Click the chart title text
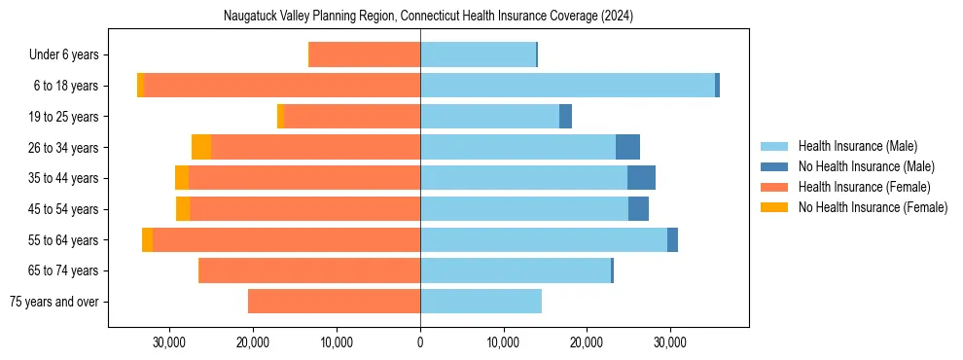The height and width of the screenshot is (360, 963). coord(428,16)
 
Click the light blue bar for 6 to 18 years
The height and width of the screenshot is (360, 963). coord(567,86)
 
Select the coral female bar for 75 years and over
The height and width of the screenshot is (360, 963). coord(334,302)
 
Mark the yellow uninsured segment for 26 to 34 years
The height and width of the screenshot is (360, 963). coord(201,147)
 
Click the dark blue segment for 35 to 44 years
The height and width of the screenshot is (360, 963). coord(641,178)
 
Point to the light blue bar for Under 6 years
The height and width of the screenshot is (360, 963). coord(478,54)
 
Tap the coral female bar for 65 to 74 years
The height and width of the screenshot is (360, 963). coord(309,270)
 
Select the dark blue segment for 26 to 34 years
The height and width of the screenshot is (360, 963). coord(627,147)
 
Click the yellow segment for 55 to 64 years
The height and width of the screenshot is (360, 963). coord(147,240)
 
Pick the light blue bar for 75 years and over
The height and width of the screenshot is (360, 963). coord(481,302)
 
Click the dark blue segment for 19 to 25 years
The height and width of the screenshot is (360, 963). coord(565,117)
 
